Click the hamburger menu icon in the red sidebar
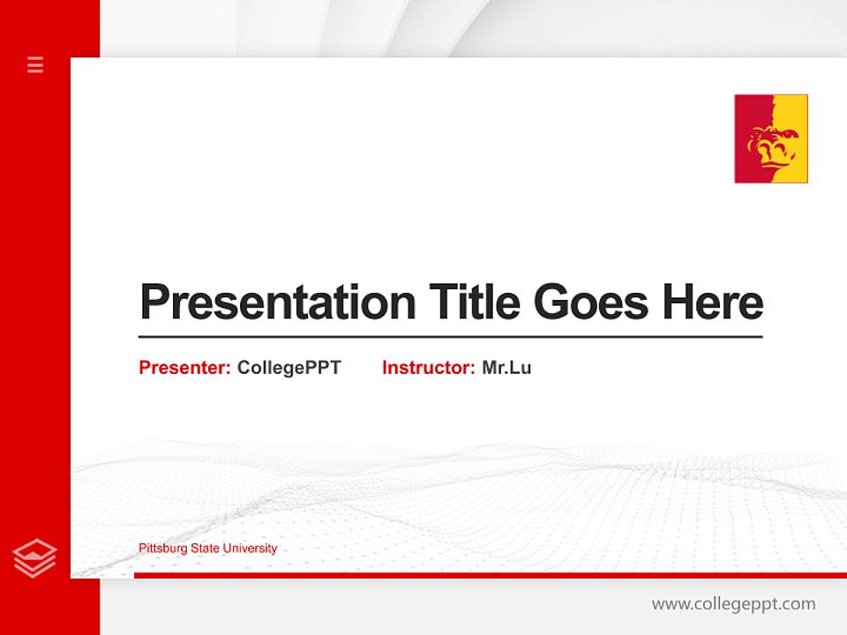pos(35,64)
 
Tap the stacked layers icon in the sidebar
pos(34,558)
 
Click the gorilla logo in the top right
pos(770,138)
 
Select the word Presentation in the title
pos(278,303)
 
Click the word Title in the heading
pos(474,302)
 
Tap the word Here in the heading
pos(713,302)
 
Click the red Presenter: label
pos(184,368)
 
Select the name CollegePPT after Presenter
pos(289,368)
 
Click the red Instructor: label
pos(428,368)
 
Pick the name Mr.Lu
pos(506,368)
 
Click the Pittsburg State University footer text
pos(207,549)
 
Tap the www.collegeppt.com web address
pos(733,604)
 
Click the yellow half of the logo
pos(794,115)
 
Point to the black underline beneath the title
pos(450,337)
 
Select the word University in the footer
pos(250,549)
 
